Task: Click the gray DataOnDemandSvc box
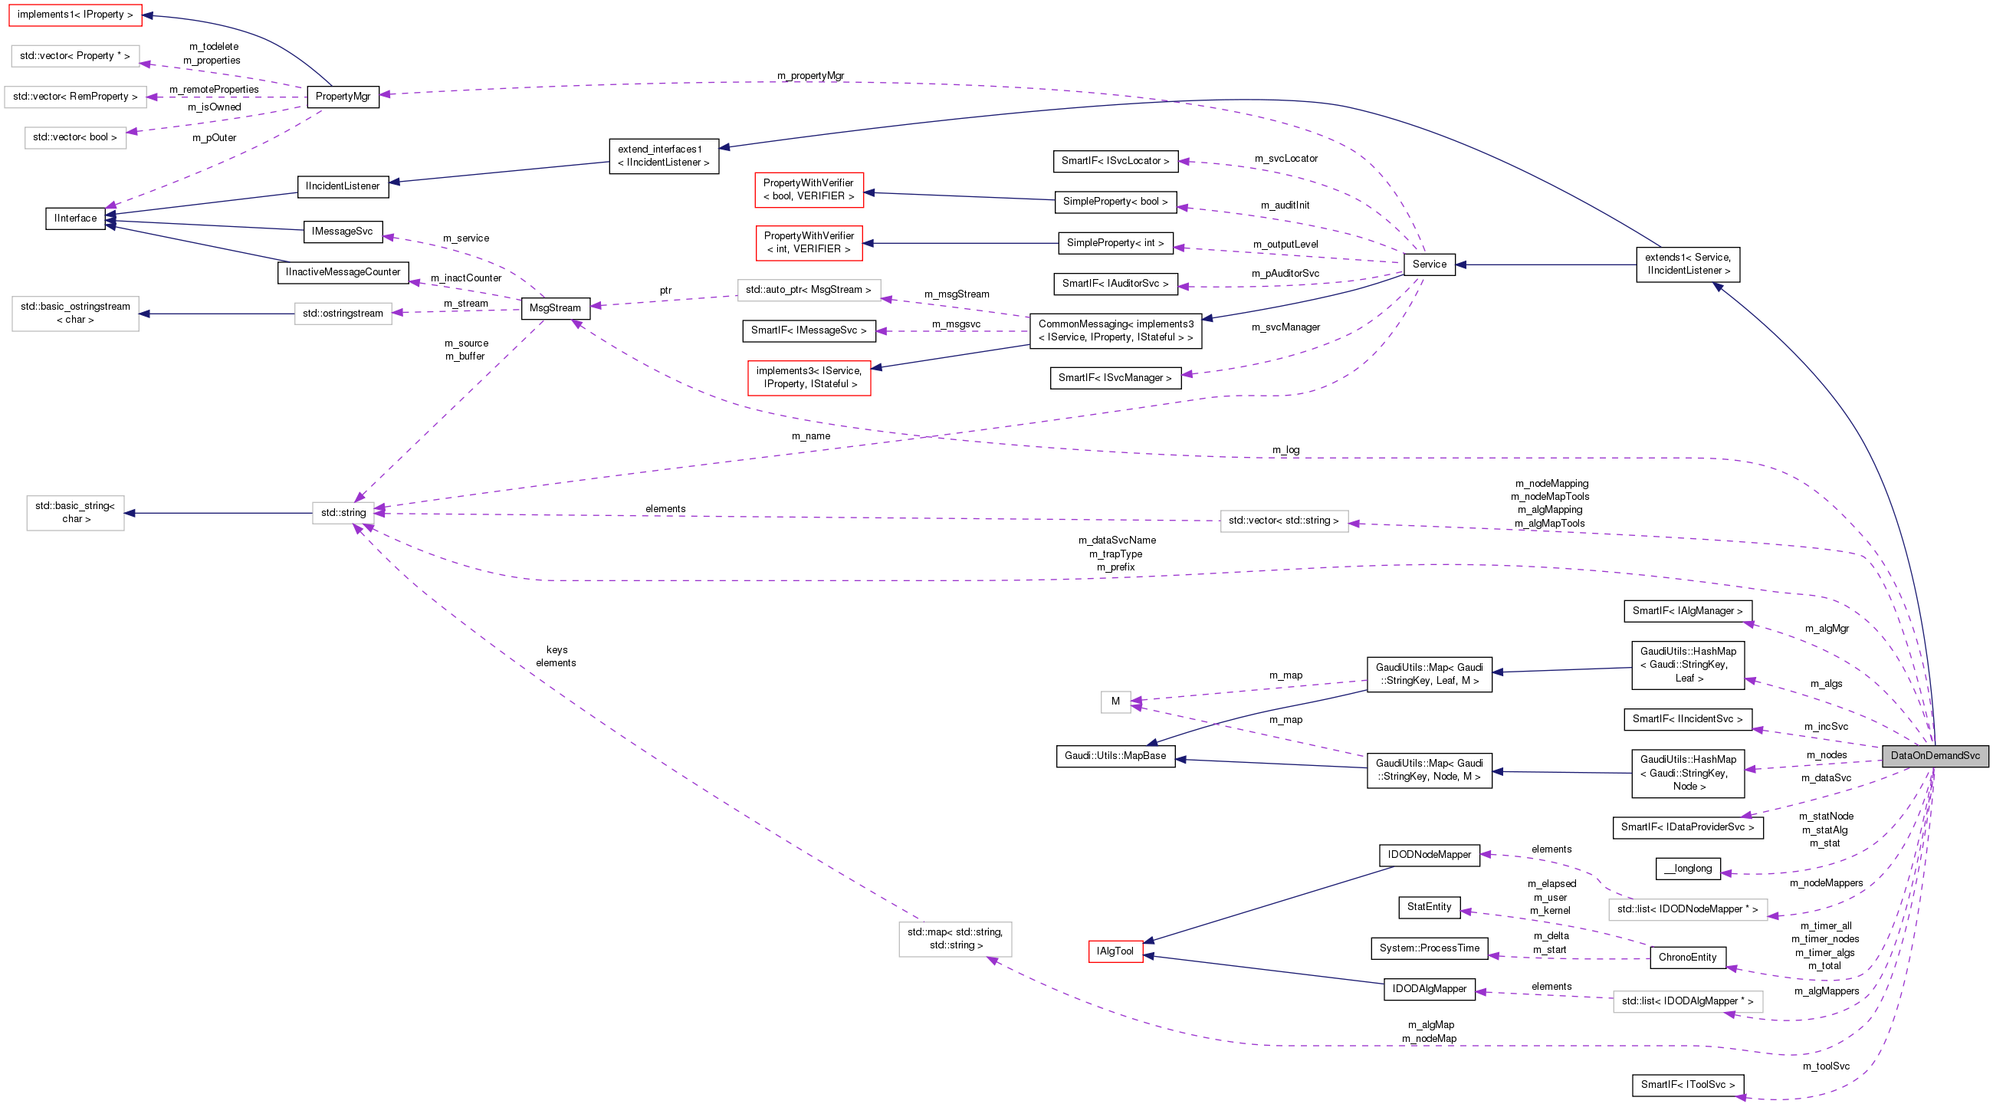[x=1934, y=756]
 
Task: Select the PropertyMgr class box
[x=343, y=97]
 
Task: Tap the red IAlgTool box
[x=1115, y=951]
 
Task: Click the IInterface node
[x=75, y=219]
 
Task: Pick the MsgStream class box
[x=555, y=308]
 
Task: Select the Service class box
[x=1428, y=264]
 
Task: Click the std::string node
[x=343, y=513]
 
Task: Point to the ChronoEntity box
[x=1686, y=958]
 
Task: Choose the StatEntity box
[x=1428, y=907]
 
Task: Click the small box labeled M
[x=1115, y=701]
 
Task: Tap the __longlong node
[x=1687, y=869]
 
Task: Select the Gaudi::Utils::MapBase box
[x=1115, y=756]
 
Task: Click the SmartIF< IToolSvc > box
[x=1686, y=1085]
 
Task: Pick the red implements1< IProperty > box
[x=75, y=15]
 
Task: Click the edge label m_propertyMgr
[x=810, y=76]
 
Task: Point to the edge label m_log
[x=1285, y=450]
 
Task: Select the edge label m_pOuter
[x=215, y=139]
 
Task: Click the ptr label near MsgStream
[x=665, y=291]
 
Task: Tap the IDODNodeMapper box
[x=1428, y=855]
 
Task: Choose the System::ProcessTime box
[x=1428, y=948]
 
